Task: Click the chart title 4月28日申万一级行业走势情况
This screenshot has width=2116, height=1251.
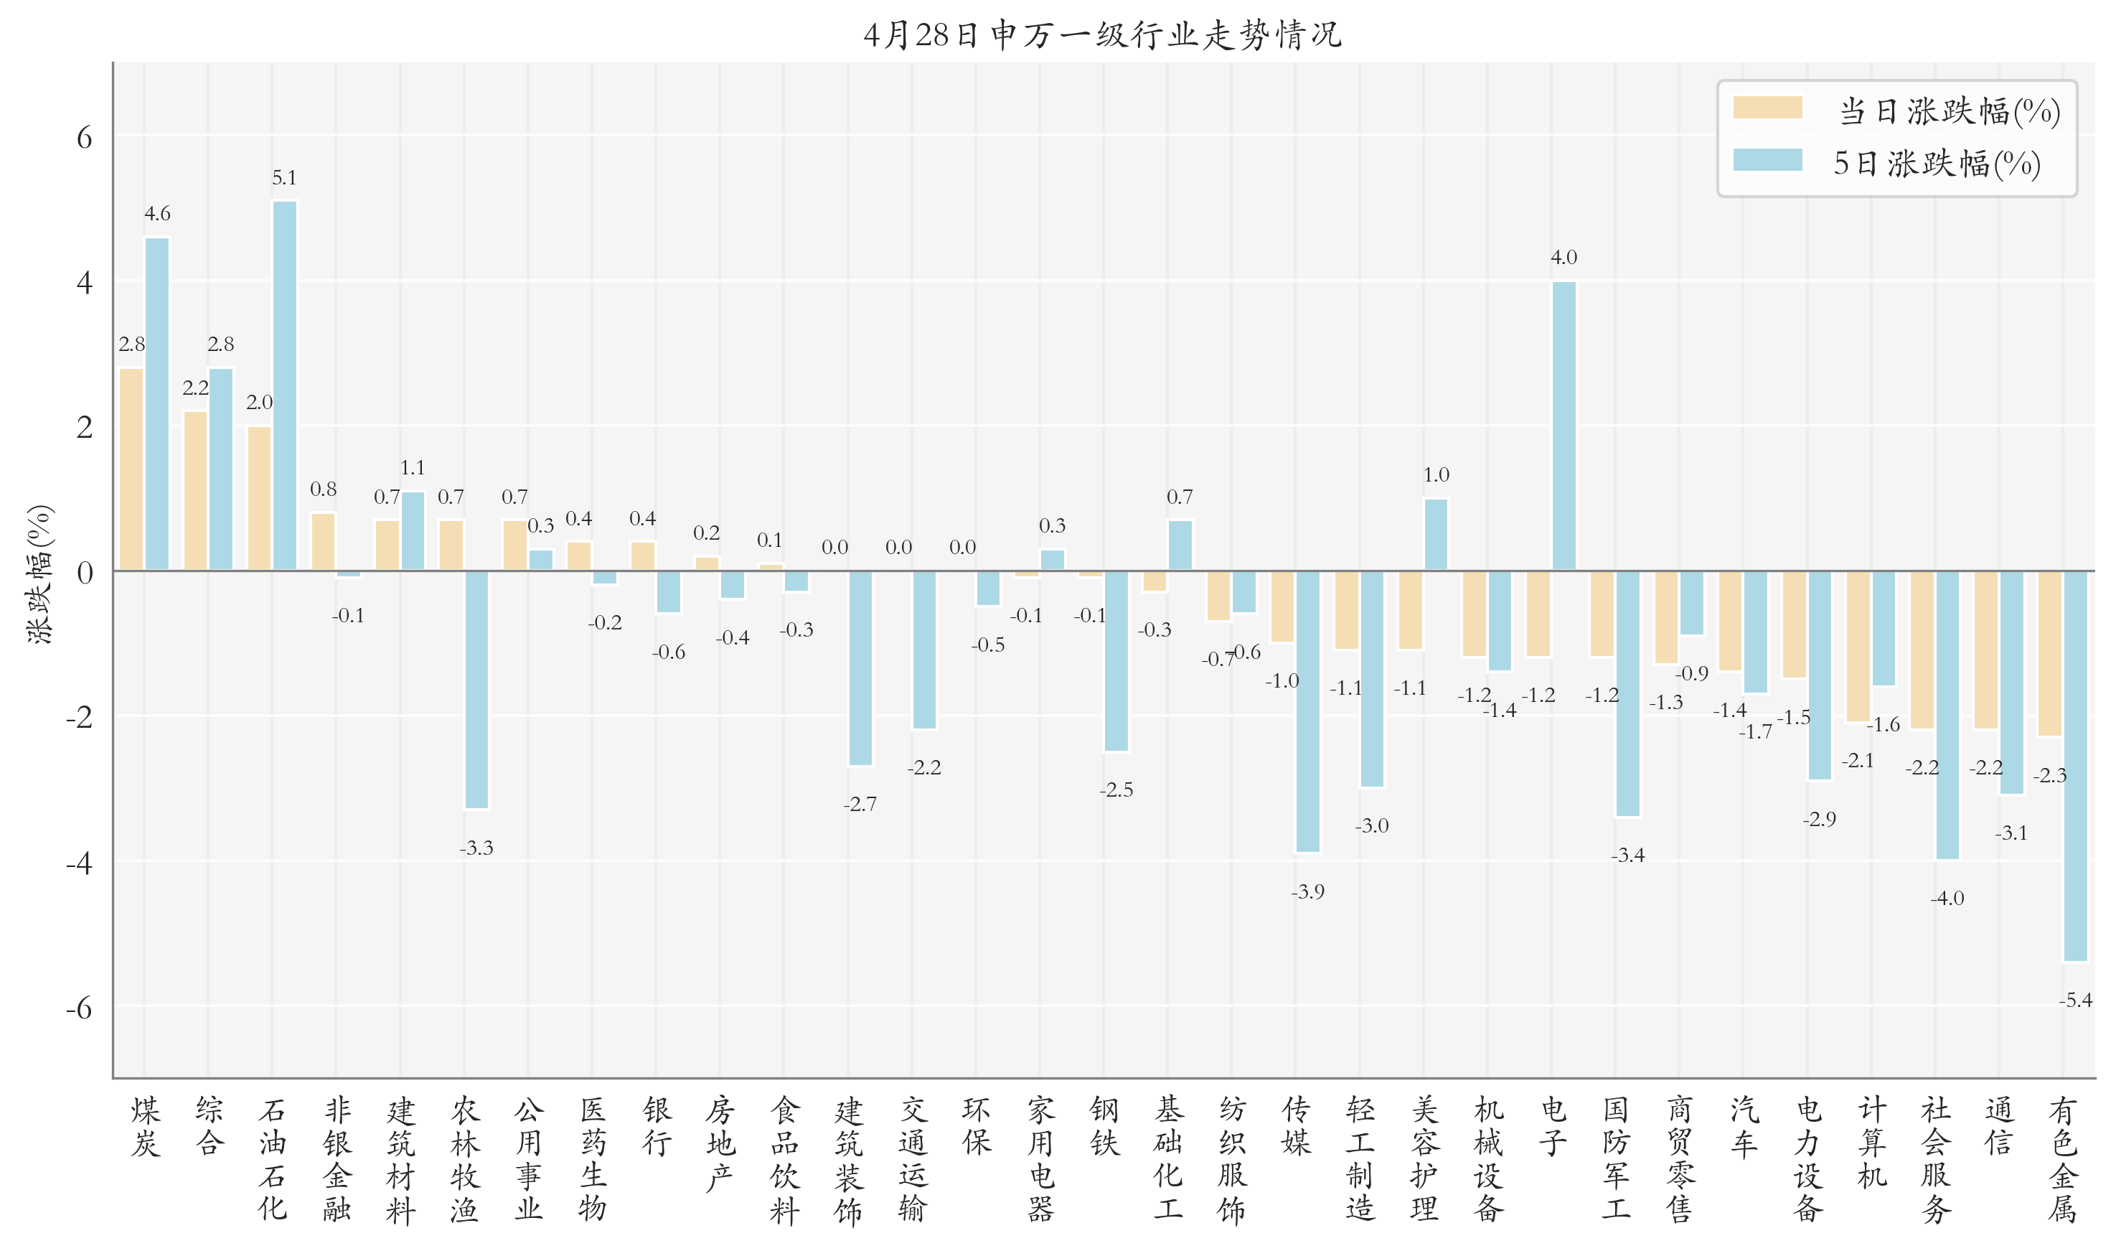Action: tap(1101, 34)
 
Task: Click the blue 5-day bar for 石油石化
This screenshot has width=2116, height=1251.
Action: tap(285, 385)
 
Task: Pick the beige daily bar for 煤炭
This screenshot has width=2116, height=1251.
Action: tap(131, 469)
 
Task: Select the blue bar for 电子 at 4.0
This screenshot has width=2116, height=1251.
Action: tap(1564, 426)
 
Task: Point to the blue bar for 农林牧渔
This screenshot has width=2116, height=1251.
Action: tap(476, 690)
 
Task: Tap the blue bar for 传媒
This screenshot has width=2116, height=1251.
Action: tap(1307, 711)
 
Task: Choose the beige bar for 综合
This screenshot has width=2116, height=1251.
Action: tap(195, 491)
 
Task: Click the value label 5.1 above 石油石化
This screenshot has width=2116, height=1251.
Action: tap(284, 178)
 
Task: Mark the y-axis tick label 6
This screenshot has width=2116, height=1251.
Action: tap(84, 137)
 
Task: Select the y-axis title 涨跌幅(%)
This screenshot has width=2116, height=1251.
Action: tap(39, 574)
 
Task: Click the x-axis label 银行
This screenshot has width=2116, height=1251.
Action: tap(657, 1126)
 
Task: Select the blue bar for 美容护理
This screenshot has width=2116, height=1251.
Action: tap(1436, 535)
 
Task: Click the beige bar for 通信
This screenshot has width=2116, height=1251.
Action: tap(1985, 650)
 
